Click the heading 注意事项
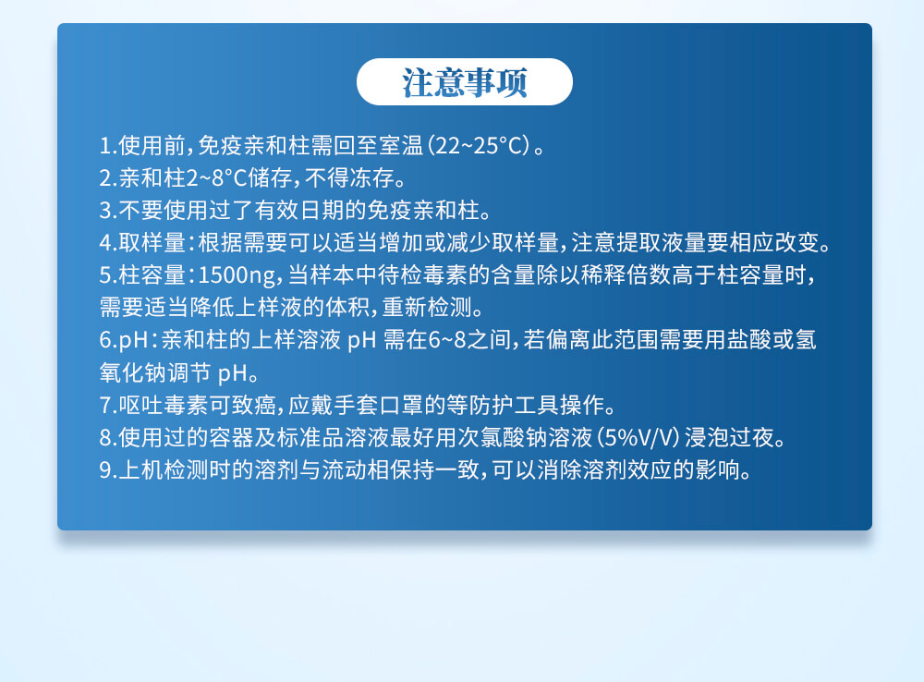coord(464,82)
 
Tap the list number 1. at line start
coord(108,146)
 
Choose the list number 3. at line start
coord(108,209)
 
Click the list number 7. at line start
coord(108,405)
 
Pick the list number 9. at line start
coord(108,469)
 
